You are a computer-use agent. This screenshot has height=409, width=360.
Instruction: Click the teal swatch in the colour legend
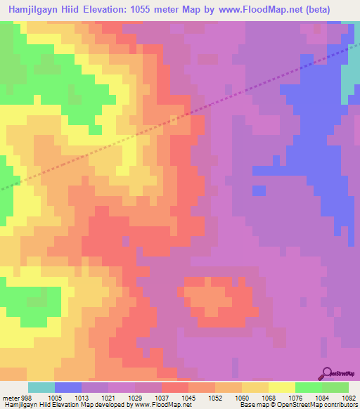(x=41, y=387)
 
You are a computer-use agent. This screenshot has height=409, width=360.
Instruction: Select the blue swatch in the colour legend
(x=68, y=387)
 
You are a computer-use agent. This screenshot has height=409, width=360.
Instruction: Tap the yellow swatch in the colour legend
(x=282, y=387)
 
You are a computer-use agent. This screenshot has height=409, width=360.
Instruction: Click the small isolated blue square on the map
(x=259, y=190)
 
